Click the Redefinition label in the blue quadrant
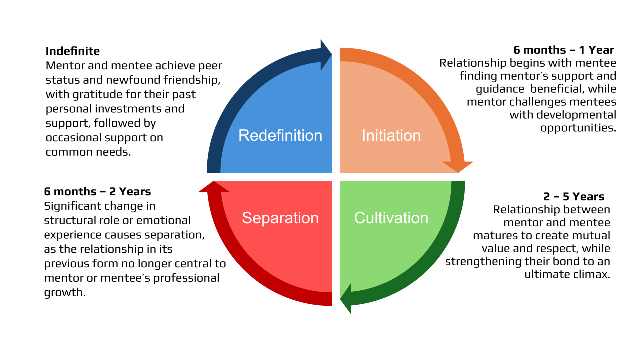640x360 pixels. [280, 135]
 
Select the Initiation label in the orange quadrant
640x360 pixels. [391, 135]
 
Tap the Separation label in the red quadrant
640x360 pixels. [280, 218]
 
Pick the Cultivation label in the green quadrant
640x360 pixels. [391, 218]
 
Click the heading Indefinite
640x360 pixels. [73, 51]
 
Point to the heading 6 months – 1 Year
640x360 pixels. [564, 50]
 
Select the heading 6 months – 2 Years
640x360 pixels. [97, 191]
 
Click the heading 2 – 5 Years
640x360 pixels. [574, 196]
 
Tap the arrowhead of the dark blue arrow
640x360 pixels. [326, 55]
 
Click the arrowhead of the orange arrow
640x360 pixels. [458, 167]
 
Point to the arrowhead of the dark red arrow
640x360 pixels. [214, 186]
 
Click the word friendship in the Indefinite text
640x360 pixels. [193, 80]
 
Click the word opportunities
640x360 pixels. [578, 127]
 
